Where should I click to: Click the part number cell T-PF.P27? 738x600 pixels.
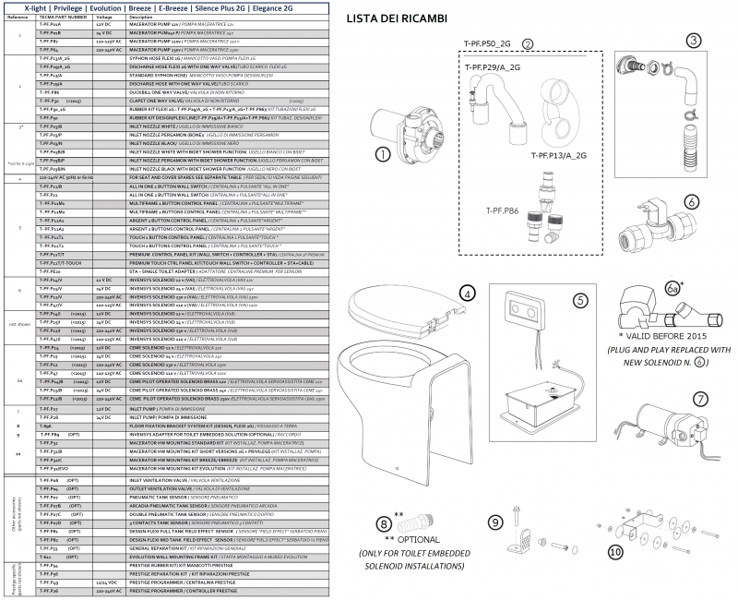point(50,407)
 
